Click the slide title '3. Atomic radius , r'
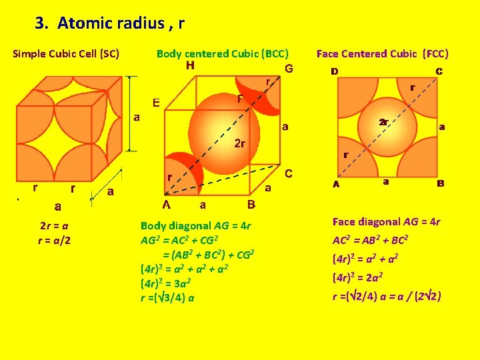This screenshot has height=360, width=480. tap(110, 24)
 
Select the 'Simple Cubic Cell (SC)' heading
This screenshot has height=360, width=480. tap(66, 54)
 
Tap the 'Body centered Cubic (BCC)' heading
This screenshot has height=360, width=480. tap(222, 54)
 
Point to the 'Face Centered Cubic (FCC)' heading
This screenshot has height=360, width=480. tap(383, 54)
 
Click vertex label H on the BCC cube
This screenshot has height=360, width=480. tap(191, 65)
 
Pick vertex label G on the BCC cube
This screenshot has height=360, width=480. tap(289, 69)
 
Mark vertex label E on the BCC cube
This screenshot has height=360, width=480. tap(156, 103)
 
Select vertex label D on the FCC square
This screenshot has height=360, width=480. tap(334, 71)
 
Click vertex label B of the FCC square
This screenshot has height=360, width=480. tap(440, 183)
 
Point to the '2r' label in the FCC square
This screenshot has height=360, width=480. tap(383, 123)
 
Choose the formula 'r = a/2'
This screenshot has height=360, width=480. tap(56, 239)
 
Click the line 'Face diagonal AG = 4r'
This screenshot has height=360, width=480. tap(386, 222)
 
